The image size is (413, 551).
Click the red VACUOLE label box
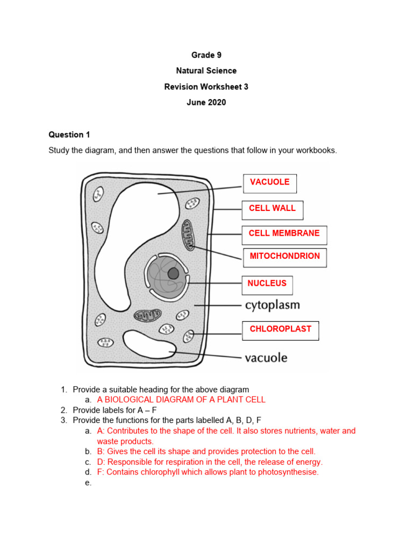pyautogui.click(x=269, y=183)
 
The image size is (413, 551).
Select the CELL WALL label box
pyautogui.click(x=272, y=209)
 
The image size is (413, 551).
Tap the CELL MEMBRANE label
pyautogui.click(x=284, y=235)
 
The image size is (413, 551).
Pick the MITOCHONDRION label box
pyautogui.click(x=284, y=257)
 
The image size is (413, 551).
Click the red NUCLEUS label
pyautogui.click(x=267, y=284)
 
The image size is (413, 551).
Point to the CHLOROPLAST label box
pyautogui.click(x=280, y=330)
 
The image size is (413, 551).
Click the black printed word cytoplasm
pyautogui.click(x=272, y=306)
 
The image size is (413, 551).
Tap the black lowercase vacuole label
pyautogui.click(x=266, y=358)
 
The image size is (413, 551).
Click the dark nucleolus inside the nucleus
pyautogui.click(x=173, y=273)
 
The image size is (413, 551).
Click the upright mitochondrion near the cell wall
pyautogui.click(x=189, y=235)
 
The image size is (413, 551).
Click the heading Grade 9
pyautogui.click(x=206, y=55)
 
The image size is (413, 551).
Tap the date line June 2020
pyautogui.click(x=206, y=102)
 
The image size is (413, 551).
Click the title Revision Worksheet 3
pyautogui.click(x=206, y=87)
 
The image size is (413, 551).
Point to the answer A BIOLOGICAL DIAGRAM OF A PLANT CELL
pyautogui.click(x=181, y=400)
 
